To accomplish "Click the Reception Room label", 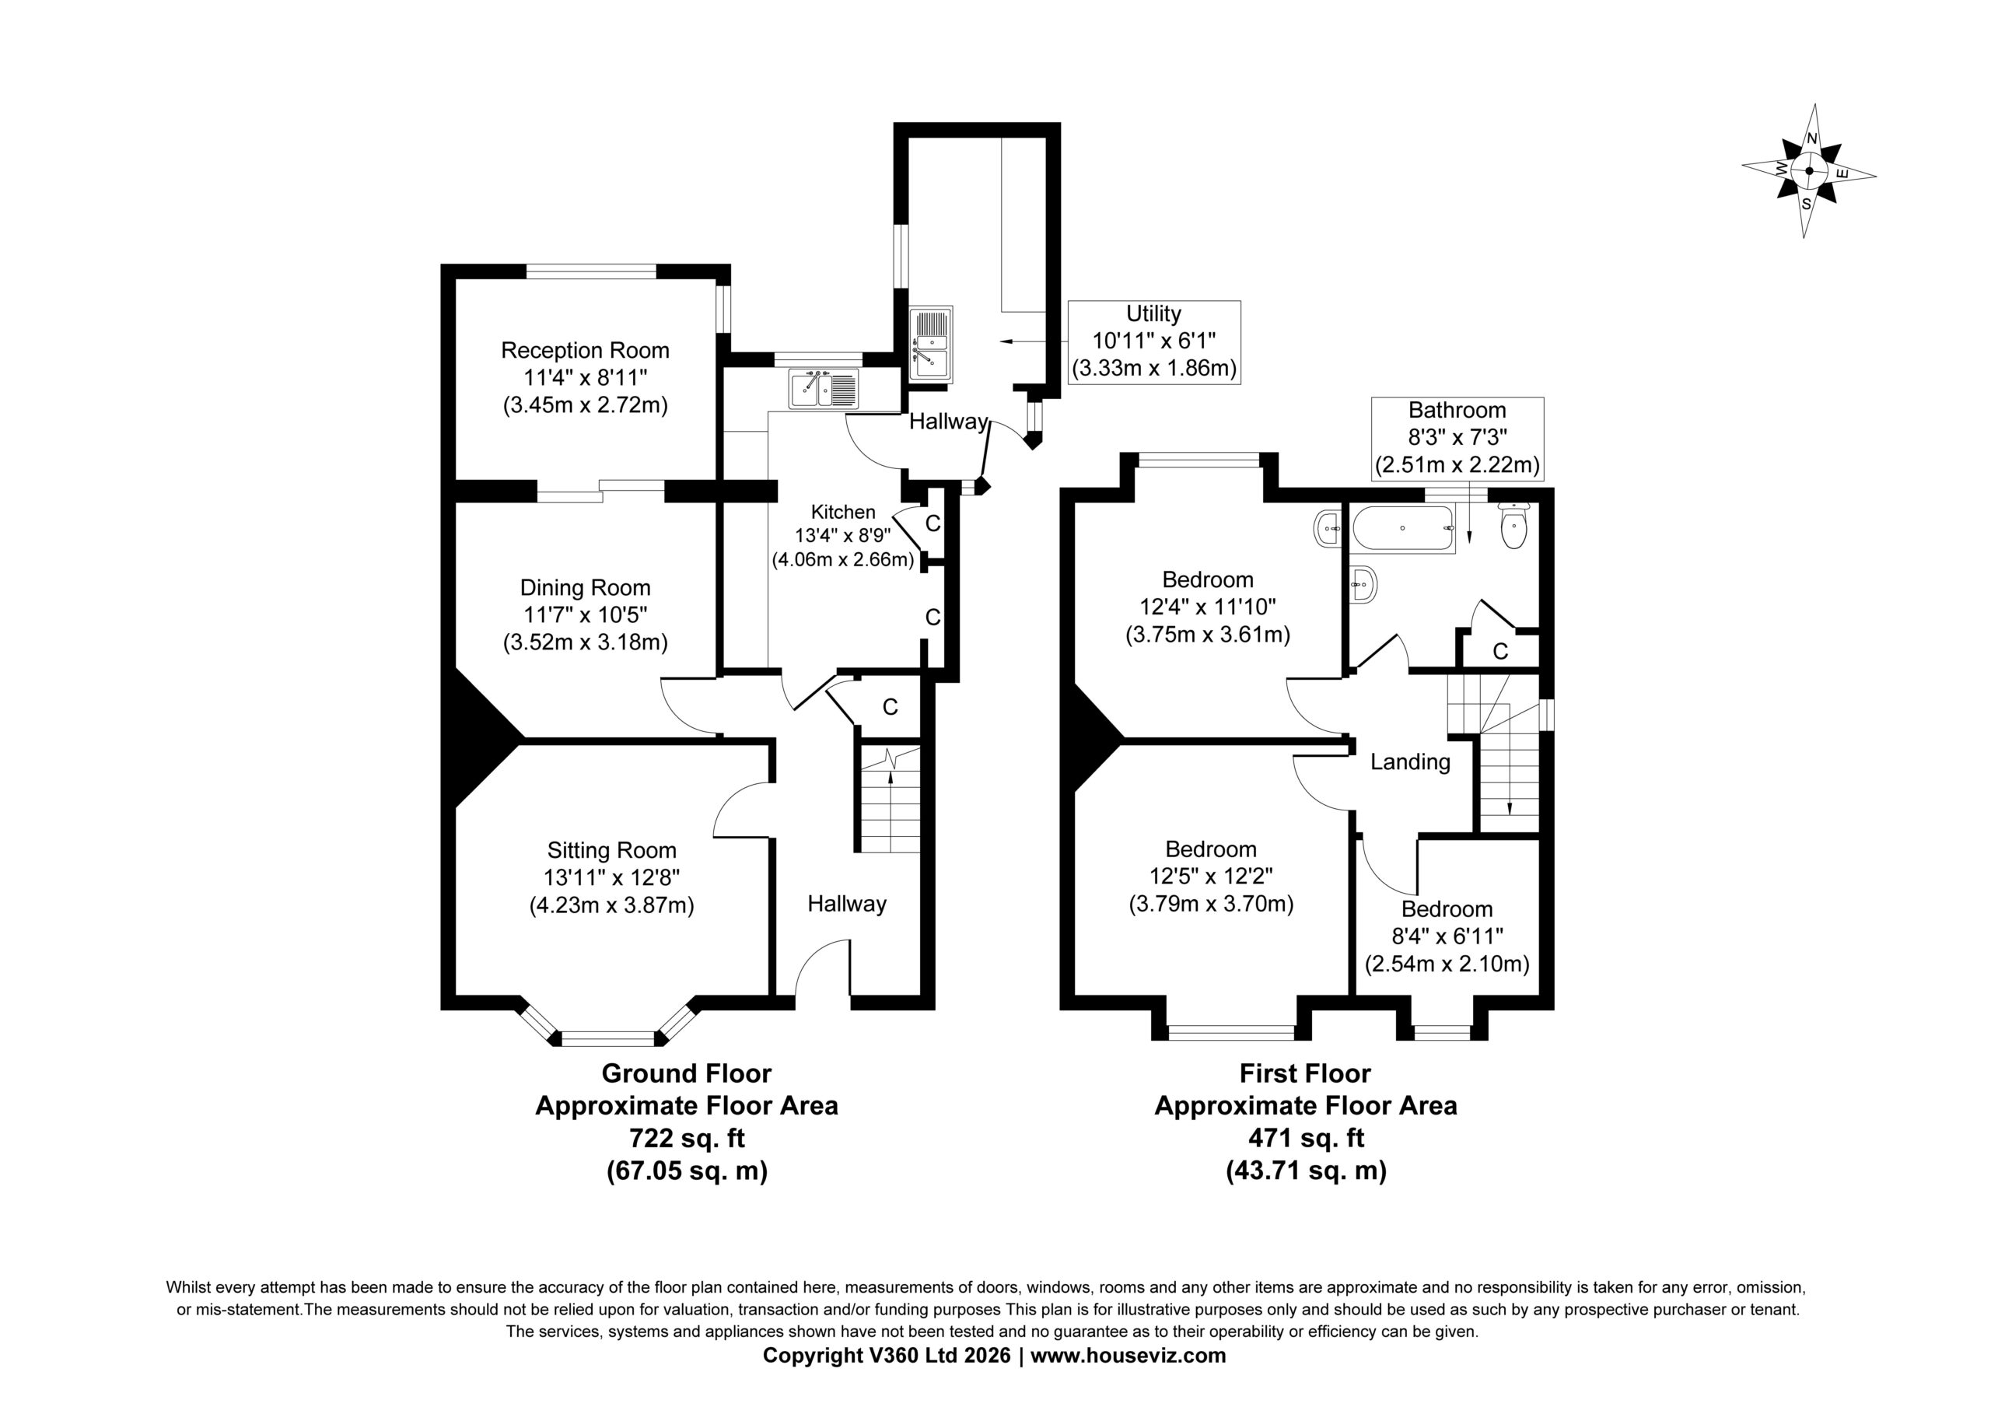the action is coord(586,351).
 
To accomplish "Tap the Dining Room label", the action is coord(586,587).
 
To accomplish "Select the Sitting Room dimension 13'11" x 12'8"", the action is coord(611,878).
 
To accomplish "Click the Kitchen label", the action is coord(843,512).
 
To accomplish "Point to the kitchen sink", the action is coord(824,389).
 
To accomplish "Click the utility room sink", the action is coord(930,344).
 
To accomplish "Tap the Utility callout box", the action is coord(1154,341).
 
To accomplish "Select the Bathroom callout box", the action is coord(1457,438).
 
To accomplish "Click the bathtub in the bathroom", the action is coord(1402,528).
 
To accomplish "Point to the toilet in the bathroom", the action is coord(1513,526).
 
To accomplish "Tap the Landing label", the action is coord(1410,761).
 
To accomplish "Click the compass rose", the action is coord(1808,171).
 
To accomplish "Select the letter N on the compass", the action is coord(1811,138).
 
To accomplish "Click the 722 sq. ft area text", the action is coord(687,1138).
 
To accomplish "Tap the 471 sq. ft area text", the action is coord(1306,1138).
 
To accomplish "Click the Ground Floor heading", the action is coord(687,1074).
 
